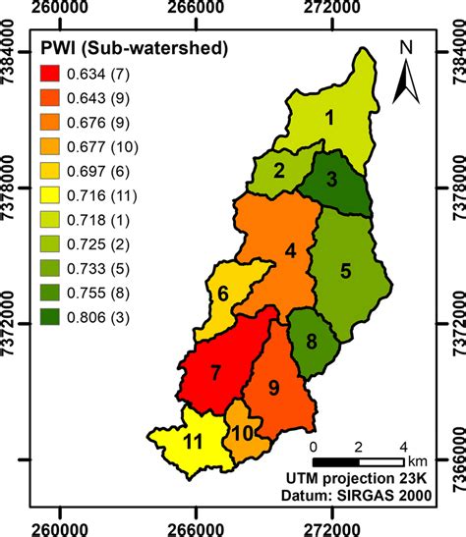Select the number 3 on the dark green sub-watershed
pyautogui.click(x=332, y=180)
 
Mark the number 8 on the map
pyautogui.click(x=311, y=342)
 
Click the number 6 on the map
pyautogui.click(x=223, y=294)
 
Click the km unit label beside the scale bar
pyautogui.click(x=418, y=459)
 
